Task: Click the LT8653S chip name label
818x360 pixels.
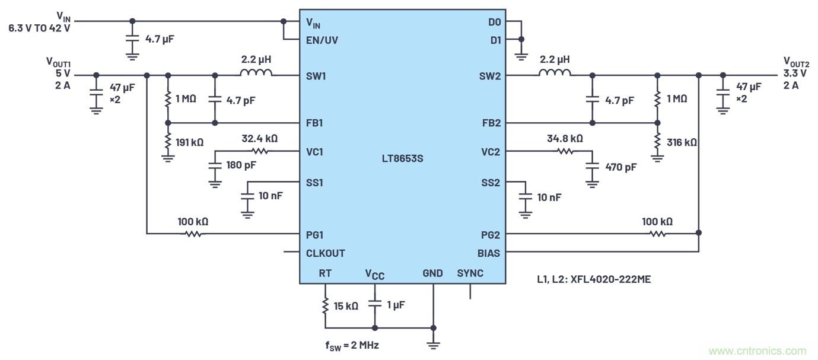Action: (x=402, y=159)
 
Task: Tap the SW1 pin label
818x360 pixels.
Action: (x=315, y=76)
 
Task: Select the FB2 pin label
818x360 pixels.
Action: (x=491, y=123)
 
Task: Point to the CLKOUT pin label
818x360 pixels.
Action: (x=325, y=253)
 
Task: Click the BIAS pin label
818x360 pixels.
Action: (x=489, y=253)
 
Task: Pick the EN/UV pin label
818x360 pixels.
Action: (x=322, y=40)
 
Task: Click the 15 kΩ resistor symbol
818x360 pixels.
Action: (x=325, y=306)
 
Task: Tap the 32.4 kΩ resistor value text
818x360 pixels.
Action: (x=259, y=138)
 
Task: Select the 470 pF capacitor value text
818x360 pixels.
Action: (x=620, y=167)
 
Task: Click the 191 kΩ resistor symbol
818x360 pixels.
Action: (x=168, y=142)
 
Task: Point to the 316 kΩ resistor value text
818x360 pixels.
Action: (x=682, y=142)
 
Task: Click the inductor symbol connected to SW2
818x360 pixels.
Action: (x=555, y=74)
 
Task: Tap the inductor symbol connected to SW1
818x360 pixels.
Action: (x=256, y=74)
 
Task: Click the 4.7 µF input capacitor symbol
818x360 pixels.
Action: (x=132, y=39)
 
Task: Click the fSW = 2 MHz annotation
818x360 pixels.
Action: (x=351, y=345)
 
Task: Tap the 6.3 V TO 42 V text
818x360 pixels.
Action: (x=39, y=28)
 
